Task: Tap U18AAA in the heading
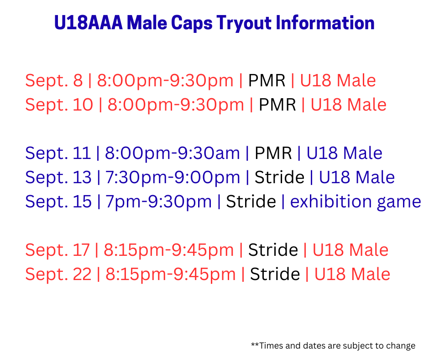[x=89, y=22]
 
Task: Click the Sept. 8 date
[x=54, y=81]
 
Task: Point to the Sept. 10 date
[x=59, y=105]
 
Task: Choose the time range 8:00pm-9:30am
[x=173, y=154]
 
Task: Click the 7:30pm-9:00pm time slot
[x=173, y=178]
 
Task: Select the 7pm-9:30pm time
[x=159, y=202]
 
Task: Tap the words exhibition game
[x=356, y=202]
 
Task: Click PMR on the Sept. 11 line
[x=273, y=153]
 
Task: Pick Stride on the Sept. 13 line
[x=279, y=177]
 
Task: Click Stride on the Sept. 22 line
[x=275, y=274]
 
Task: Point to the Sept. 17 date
[x=58, y=250]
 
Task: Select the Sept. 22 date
[x=58, y=274]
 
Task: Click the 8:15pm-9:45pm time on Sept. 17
[x=169, y=250]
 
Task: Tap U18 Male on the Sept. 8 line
[x=338, y=80]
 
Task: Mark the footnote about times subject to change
[x=333, y=346]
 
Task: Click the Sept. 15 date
[x=58, y=202]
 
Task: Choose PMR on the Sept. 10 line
[x=277, y=105]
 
